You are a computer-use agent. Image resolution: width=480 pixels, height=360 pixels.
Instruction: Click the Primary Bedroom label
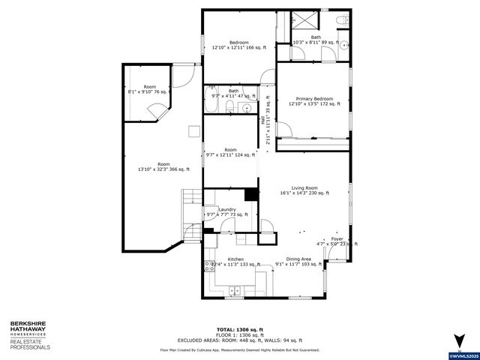314,99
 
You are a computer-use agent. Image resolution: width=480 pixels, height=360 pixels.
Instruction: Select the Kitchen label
225,259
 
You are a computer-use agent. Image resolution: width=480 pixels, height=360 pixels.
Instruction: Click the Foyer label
337,238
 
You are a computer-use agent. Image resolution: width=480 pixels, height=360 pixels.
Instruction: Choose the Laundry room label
227,209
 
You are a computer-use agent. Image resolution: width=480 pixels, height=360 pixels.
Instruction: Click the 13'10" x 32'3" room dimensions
163,169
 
